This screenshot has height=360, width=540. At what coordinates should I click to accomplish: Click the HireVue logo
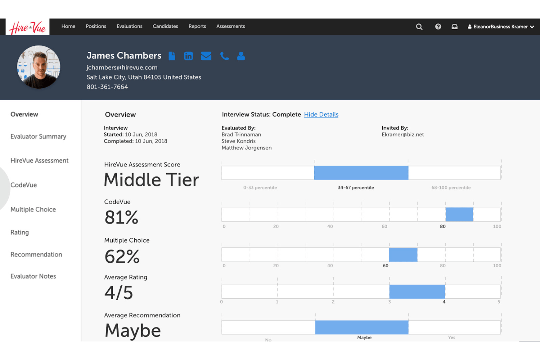pos(27,27)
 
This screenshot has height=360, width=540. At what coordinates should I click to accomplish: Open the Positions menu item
pos(96,26)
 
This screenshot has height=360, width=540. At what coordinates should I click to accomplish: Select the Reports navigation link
pos(197,26)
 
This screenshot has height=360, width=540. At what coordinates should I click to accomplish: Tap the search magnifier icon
pos(419,27)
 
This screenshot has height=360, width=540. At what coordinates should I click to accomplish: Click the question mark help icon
pos(438,27)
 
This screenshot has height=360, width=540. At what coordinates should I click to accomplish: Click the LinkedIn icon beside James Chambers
pos(188,56)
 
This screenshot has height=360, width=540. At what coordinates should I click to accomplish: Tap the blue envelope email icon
pos(206,56)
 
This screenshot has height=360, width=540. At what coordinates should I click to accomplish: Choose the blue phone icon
pos(224,56)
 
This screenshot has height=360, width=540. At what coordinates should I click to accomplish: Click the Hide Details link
pos(321,115)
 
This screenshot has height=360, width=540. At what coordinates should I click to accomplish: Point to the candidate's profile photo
pos(39,67)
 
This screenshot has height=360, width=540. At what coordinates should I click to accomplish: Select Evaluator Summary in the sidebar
pos(38,136)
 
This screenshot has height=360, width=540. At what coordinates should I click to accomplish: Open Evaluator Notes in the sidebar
pos(33,276)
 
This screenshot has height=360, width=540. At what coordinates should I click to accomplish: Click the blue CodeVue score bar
pos(459,214)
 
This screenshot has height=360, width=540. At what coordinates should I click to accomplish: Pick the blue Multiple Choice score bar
pos(403,255)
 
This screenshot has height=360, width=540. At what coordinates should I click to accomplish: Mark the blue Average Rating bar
pos(417,291)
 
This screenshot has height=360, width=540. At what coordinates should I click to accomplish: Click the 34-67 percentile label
pos(356,187)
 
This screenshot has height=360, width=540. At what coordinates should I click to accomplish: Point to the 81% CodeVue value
pos(121,217)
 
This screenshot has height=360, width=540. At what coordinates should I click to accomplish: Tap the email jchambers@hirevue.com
pos(122,67)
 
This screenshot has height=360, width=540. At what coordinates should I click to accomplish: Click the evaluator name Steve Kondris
pos(238,141)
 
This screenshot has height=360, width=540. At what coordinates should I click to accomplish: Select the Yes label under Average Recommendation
pos(452,337)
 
